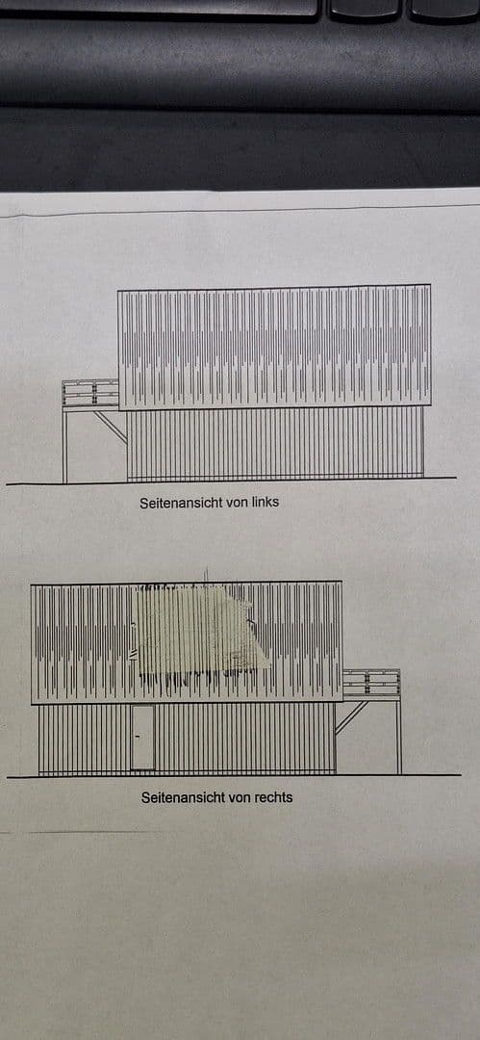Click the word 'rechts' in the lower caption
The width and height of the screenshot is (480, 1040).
pyautogui.click(x=271, y=797)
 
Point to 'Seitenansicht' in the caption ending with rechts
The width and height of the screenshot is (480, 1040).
pyautogui.click(x=183, y=797)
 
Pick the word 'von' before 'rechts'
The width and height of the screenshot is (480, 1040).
pyautogui.click(x=236, y=797)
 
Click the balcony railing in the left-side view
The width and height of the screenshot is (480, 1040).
pyautogui.click(x=90, y=394)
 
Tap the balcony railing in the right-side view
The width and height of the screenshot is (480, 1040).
pyautogui.click(x=371, y=684)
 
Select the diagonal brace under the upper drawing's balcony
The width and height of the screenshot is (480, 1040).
pyautogui.click(x=111, y=426)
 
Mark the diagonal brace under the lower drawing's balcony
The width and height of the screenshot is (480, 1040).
pyautogui.click(x=351, y=716)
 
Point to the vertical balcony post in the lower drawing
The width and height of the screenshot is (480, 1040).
pyautogui.click(x=398, y=737)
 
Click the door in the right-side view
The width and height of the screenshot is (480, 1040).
pyautogui.click(x=142, y=738)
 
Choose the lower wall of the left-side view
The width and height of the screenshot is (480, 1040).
pyautogui.click(x=274, y=443)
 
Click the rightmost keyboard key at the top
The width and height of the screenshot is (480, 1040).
pyautogui.click(x=444, y=9)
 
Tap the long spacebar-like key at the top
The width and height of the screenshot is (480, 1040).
pyautogui.click(x=159, y=7)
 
